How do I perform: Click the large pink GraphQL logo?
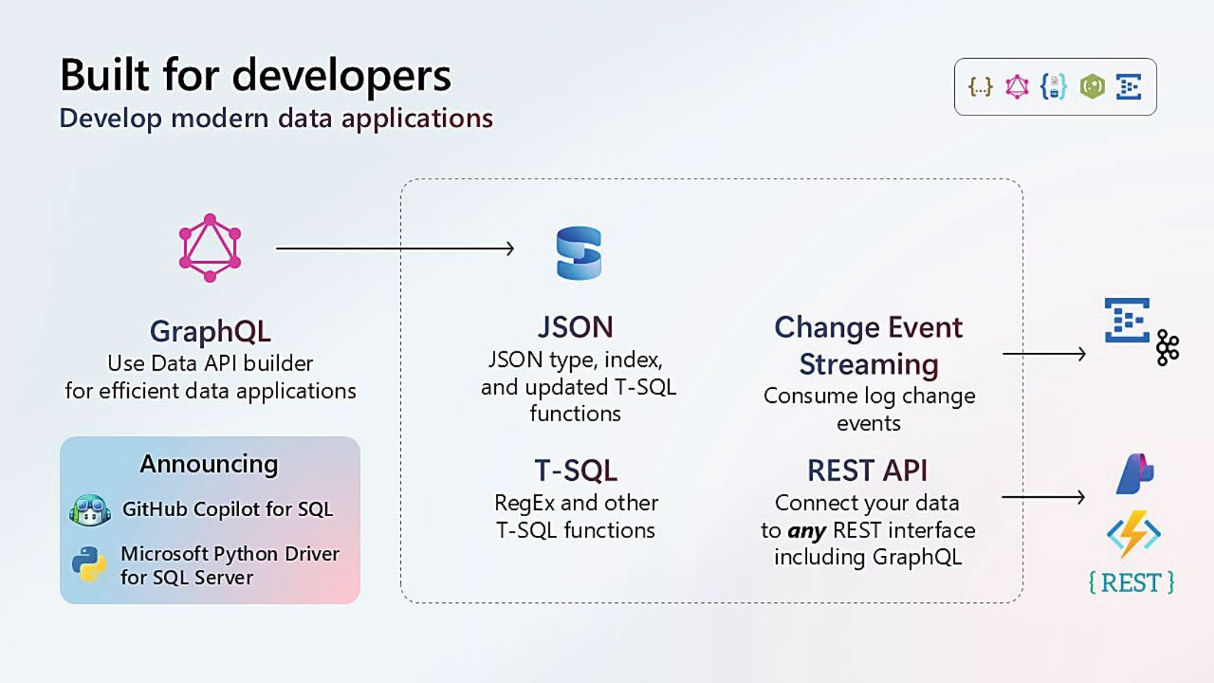[x=210, y=248]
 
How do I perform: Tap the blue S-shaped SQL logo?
[x=579, y=253]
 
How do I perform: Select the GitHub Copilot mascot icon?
[x=90, y=509]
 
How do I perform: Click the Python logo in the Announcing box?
[x=89, y=564]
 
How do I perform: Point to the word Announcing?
[x=209, y=464]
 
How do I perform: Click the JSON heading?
[x=575, y=327]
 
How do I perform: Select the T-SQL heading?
[x=575, y=470]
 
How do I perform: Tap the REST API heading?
[x=867, y=470]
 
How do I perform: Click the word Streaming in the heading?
[x=869, y=364]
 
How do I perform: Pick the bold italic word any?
[x=807, y=531]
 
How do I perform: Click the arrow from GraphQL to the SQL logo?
[x=395, y=248]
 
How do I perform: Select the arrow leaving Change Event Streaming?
[x=1044, y=354]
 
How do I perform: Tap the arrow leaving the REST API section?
[x=1043, y=497]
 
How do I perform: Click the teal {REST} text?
[x=1132, y=583]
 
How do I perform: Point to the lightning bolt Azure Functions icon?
[x=1133, y=534]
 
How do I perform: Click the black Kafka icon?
[x=1168, y=348]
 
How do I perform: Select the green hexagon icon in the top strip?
[x=1092, y=87]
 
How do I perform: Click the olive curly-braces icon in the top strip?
[x=981, y=87]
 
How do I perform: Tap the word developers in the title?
[x=341, y=75]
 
